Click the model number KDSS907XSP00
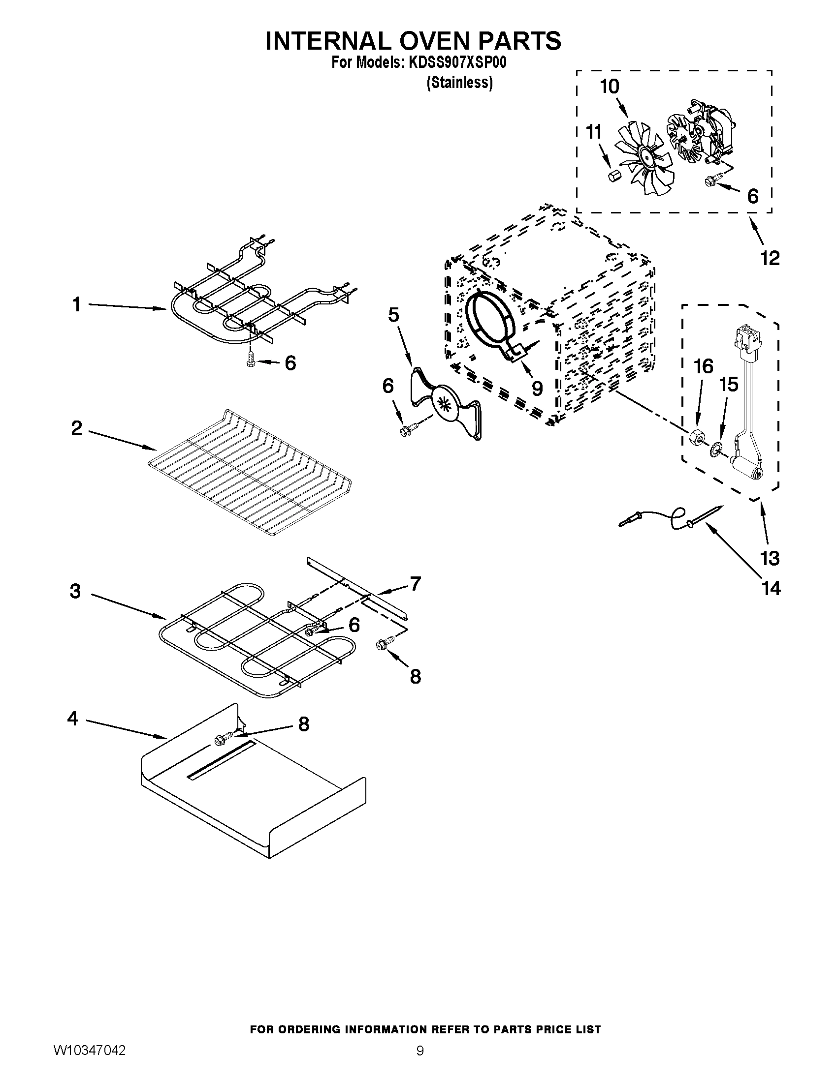tap(457, 63)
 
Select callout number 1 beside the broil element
tap(76, 304)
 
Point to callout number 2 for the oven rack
tap(76, 427)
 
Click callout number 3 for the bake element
tap(75, 591)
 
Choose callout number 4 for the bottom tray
tap(73, 719)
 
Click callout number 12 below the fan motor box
tap(770, 258)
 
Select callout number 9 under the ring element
tap(537, 389)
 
